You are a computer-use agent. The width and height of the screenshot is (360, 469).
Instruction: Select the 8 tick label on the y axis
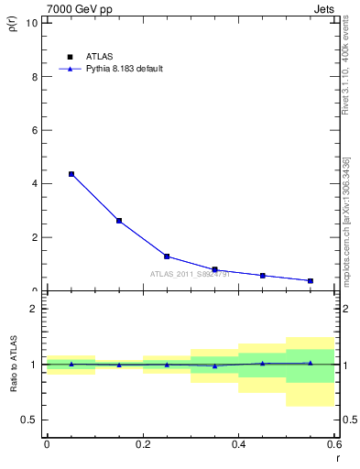coord(36,77)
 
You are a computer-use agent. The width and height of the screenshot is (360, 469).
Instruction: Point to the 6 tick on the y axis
coord(36,130)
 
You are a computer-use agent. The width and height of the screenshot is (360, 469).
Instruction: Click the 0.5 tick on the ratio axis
coord(32,420)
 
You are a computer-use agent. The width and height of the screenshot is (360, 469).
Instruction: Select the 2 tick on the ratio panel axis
coord(36,309)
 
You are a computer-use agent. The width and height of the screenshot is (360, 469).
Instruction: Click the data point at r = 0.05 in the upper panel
coord(71,174)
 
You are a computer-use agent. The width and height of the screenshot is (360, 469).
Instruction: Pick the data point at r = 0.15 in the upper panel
coord(119,221)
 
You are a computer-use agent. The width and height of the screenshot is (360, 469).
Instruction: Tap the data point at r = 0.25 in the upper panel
coord(167,256)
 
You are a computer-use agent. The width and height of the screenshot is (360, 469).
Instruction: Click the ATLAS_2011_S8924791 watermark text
coord(190,274)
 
